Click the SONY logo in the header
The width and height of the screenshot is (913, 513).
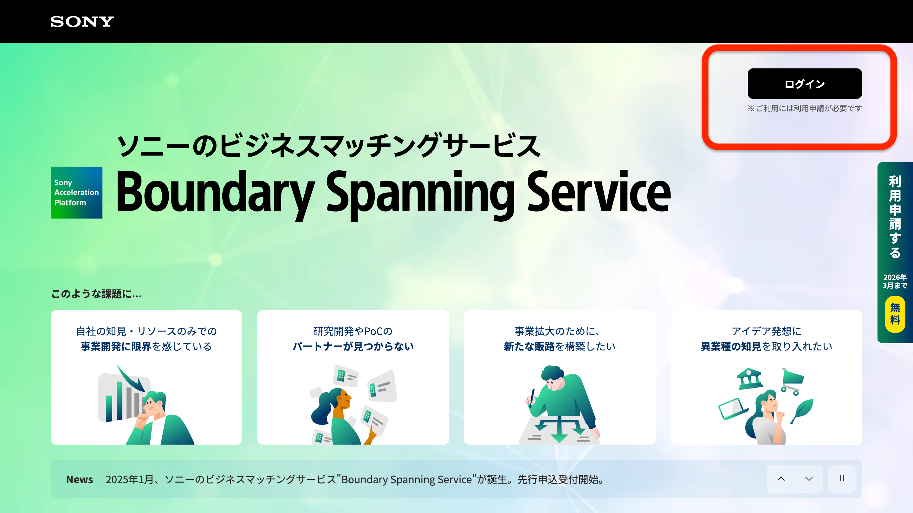click(82, 22)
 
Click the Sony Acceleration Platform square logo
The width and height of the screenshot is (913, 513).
click(76, 193)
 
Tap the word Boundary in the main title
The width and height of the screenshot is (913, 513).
click(215, 193)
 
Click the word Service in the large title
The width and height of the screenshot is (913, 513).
click(599, 191)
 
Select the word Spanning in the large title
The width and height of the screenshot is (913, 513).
click(420, 195)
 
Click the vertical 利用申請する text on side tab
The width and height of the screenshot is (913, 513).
click(895, 217)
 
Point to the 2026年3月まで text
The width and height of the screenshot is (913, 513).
click(895, 282)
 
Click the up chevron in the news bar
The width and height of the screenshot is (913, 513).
click(781, 479)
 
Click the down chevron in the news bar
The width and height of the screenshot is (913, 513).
click(809, 479)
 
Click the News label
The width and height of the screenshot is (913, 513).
click(79, 479)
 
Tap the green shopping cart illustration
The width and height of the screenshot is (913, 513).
click(793, 381)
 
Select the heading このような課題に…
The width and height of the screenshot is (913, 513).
click(96, 294)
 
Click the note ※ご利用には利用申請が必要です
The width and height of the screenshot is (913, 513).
click(805, 108)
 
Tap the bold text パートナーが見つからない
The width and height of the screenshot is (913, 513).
click(353, 346)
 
